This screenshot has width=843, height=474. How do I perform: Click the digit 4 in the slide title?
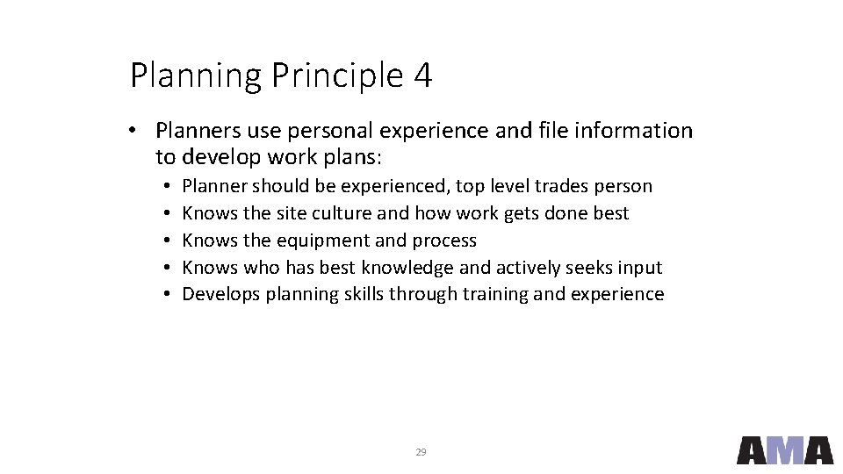421,76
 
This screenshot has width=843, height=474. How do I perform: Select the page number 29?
421,452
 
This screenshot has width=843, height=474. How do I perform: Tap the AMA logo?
784,450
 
